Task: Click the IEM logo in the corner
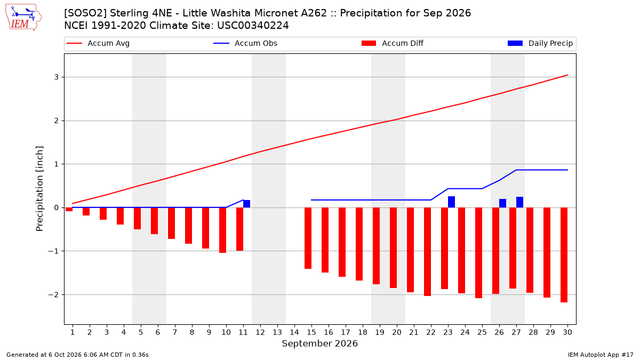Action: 23,18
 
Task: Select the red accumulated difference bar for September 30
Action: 564,255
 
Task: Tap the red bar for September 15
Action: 308,238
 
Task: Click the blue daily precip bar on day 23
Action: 451,202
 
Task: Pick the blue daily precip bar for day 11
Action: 246,204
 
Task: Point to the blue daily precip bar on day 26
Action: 502,203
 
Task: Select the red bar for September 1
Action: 69,210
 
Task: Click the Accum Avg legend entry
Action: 98,43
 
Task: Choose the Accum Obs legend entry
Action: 245,43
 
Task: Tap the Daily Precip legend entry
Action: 540,43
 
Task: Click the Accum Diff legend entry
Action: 393,43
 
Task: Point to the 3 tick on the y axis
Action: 57,77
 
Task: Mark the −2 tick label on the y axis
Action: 53,294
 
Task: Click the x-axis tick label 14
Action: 294,332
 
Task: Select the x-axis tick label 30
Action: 567,332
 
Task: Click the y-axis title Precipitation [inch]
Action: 39,189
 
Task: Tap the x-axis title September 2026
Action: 319,343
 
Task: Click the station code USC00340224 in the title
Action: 253,26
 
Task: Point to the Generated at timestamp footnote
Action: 77,355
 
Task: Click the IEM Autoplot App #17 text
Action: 601,355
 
